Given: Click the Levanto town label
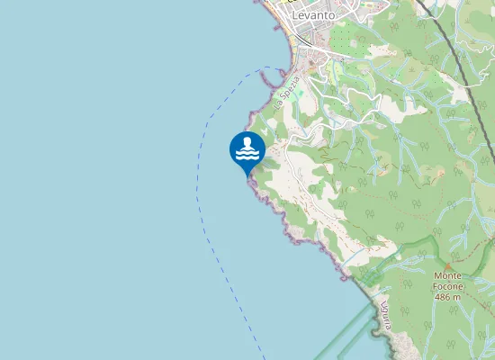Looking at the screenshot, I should (313, 15).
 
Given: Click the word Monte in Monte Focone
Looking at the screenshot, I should (447, 275).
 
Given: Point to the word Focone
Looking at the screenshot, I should (447, 286).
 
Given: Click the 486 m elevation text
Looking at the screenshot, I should (447, 296).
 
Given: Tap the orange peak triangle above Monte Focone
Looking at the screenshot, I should (447, 265).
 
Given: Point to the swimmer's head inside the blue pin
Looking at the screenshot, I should (247, 141).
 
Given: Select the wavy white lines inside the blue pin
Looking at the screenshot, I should (247, 155).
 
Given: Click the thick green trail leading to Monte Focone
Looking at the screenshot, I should (396, 252).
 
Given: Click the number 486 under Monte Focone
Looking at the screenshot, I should (442, 296).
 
